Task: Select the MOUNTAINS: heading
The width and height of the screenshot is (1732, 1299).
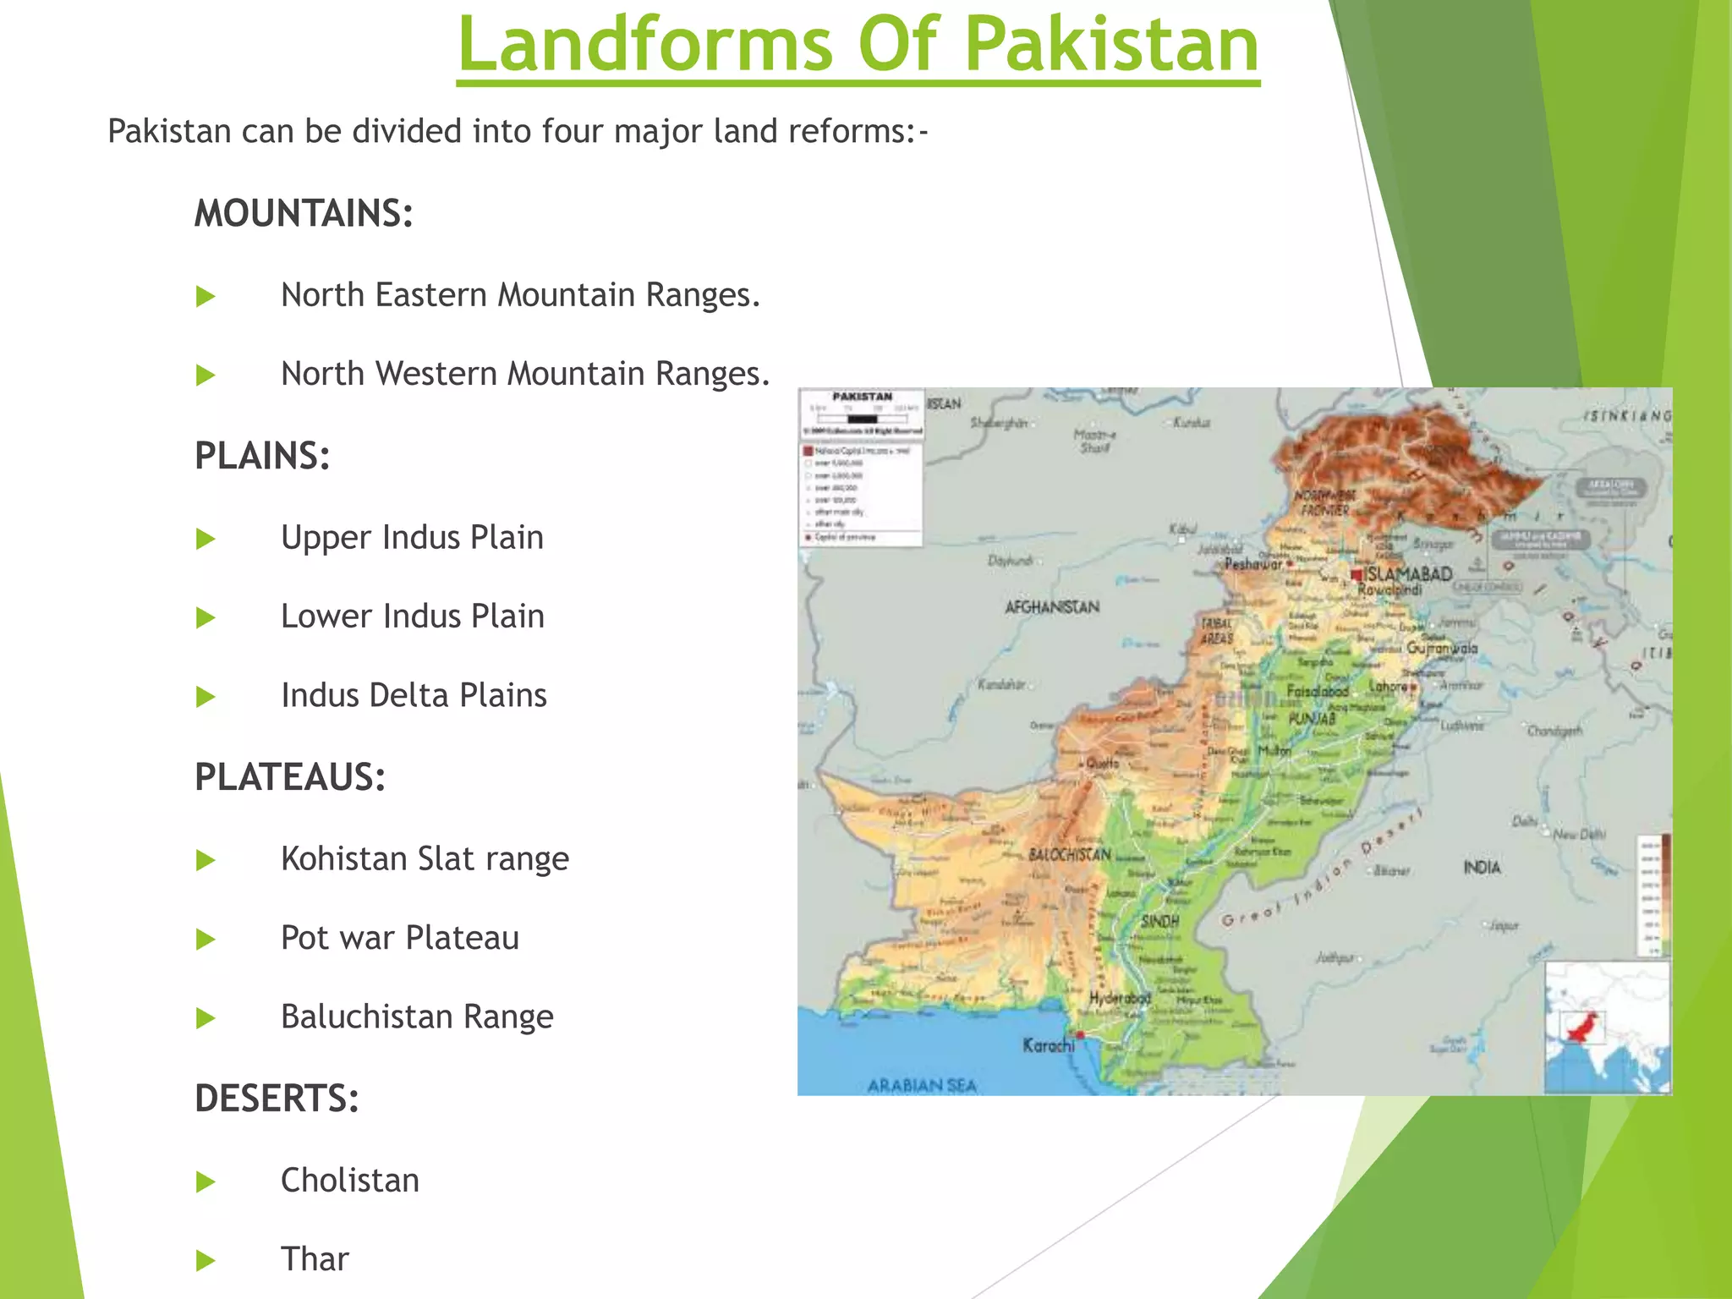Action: click(304, 213)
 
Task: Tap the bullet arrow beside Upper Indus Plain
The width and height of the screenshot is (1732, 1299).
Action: click(206, 539)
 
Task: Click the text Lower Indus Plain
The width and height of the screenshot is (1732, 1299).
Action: click(412, 617)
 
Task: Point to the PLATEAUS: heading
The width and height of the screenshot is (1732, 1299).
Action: click(290, 777)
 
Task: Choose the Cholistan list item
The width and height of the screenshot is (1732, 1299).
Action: click(349, 1181)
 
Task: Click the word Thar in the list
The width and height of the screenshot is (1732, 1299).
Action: click(315, 1259)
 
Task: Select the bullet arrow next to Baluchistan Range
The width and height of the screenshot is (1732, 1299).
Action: click(206, 1017)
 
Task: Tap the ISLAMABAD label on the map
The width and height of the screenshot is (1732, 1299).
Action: click(1409, 574)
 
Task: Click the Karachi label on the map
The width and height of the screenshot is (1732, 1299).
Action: click(1048, 1045)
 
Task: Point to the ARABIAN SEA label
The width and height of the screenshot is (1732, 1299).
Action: click(922, 1085)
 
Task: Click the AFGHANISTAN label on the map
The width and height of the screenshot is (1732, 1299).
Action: click(1052, 607)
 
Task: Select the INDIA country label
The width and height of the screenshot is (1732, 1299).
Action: click(1482, 868)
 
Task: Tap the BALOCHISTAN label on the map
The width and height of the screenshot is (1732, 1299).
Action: click(1069, 855)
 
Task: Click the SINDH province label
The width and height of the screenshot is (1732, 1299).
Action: click(1159, 921)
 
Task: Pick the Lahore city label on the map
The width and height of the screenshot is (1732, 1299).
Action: click(1389, 687)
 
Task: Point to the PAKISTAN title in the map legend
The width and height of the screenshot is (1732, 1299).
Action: click(862, 397)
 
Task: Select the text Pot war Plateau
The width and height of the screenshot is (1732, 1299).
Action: click(399, 938)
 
